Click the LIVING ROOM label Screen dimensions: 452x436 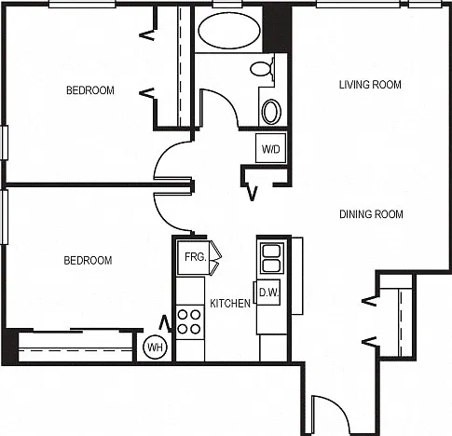click(370, 85)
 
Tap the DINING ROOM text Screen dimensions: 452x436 click(371, 214)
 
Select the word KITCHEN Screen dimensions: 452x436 click(230, 304)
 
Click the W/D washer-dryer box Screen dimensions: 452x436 click(271, 148)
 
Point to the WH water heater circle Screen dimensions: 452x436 click(155, 347)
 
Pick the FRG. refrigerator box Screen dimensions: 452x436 click(194, 257)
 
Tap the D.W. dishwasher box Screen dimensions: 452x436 click(268, 293)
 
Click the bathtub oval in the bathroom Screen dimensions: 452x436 click(229, 31)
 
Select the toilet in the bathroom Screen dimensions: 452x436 click(262, 68)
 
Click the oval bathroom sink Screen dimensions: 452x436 click(272, 112)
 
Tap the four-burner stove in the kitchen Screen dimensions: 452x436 click(189, 321)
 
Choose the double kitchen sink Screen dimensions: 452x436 click(272, 258)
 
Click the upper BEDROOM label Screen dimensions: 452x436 click(90, 90)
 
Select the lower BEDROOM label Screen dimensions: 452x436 click(88, 260)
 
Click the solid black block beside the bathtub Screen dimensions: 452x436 click(277, 29)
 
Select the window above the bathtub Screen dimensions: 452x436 click(227, 4)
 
